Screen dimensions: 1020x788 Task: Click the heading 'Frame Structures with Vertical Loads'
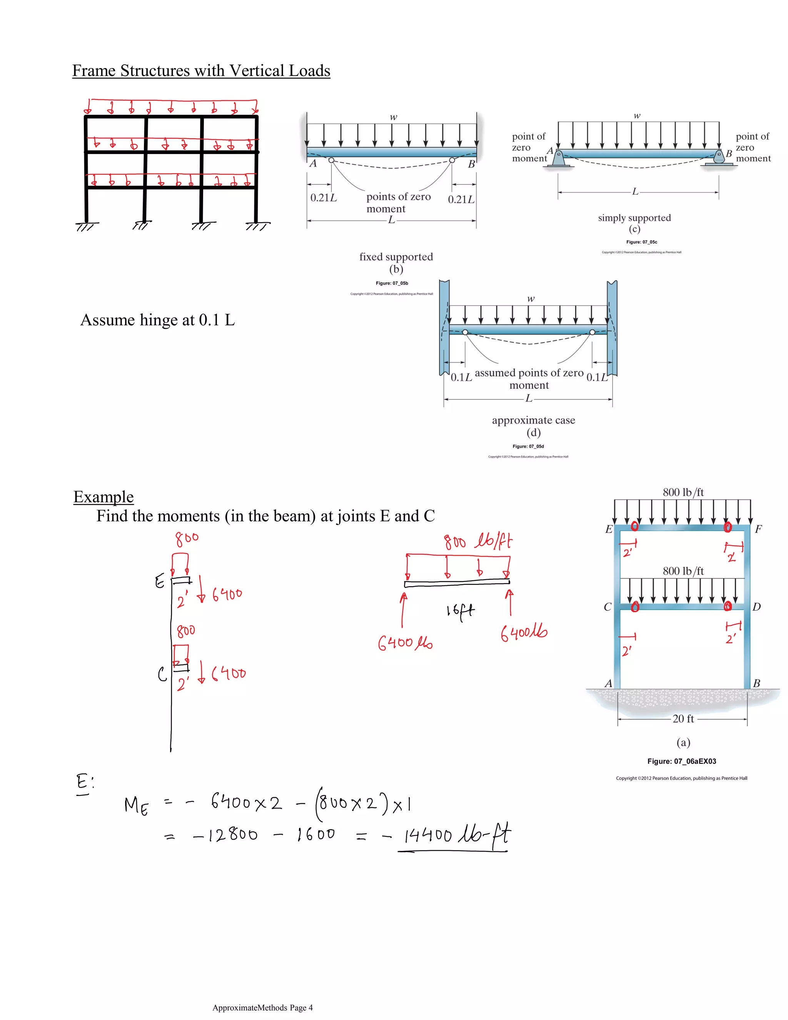pyautogui.click(x=201, y=71)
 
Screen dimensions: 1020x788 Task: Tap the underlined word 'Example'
pyautogui.click(x=104, y=497)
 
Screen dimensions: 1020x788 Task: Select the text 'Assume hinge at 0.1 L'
pyautogui.click(x=158, y=320)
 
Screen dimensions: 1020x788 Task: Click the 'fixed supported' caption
pyautogui.click(x=396, y=257)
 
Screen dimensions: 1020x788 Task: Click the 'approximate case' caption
pyautogui.click(x=533, y=420)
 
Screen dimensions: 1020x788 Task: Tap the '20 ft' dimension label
pyautogui.click(x=683, y=719)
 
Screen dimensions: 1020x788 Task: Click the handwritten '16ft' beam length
pyautogui.click(x=460, y=611)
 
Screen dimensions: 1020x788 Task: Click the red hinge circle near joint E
pyautogui.click(x=634, y=526)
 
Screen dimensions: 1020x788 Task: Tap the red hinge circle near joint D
pyautogui.click(x=727, y=606)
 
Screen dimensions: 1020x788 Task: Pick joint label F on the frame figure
pyautogui.click(x=758, y=529)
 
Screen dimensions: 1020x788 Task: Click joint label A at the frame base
pyautogui.click(x=608, y=684)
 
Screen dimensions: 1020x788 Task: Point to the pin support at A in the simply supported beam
pyautogui.click(x=558, y=159)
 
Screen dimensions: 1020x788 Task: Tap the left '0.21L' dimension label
pyautogui.click(x=323, y=198)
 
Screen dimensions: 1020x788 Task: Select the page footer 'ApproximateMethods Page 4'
pyautogui.click(x=262, y=1007)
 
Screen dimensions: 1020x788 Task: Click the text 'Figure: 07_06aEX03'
pyautogui.click(x=681, y=761)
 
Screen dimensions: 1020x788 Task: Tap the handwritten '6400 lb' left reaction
pyautogui.click(x=405, y=644)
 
